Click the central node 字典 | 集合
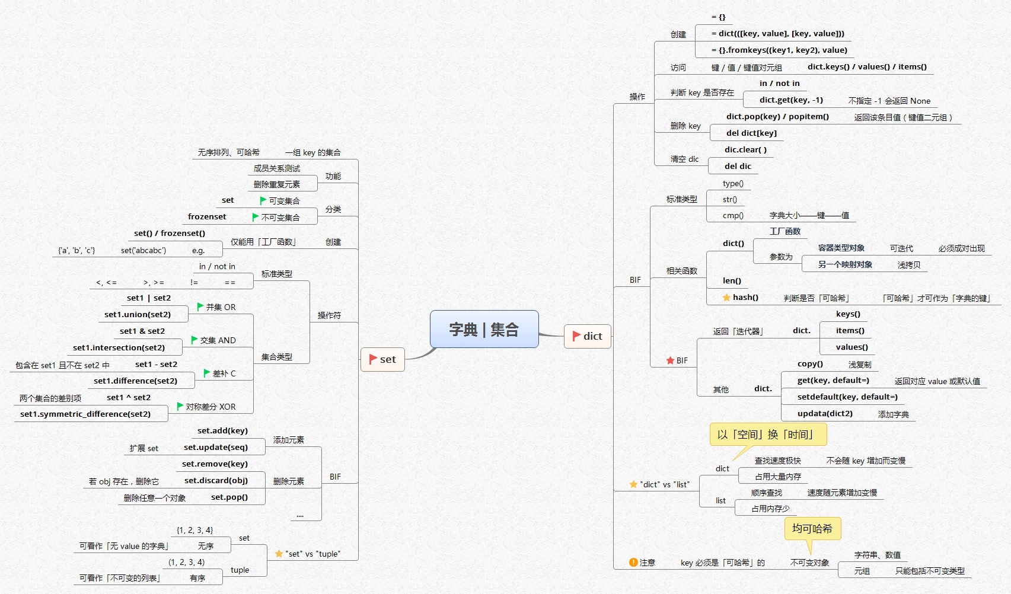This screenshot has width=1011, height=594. [x=484, y=329]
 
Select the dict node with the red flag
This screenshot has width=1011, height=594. [x=587, y=336]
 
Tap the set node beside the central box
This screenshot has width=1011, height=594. [x=382, y=359]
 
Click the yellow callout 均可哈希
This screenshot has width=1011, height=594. [x=812, y=528]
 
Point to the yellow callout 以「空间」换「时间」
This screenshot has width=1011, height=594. [x=767, y=435]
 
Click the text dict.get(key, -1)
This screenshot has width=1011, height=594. [x=791, y=100]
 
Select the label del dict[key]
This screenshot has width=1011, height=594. [x=751, y=133]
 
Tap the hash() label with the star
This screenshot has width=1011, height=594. [x=745, y=298]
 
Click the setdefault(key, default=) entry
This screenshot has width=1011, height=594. [x=847, y=397]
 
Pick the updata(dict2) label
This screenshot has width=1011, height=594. [x=824, y=414]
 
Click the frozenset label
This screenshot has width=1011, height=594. [x=207, y=217]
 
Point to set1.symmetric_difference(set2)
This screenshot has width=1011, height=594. [x=85, y=414]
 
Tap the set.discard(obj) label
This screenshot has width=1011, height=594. [x=216, y=481]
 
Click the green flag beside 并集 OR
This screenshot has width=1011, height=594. [x=200, y=307]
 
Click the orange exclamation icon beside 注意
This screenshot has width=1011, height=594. [x=633, y=563]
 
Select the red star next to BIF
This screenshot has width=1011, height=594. [x=670, y=360]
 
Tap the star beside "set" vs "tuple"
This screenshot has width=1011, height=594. [x=279, y=554]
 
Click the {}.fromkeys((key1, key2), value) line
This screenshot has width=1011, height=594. [x=779, y=50]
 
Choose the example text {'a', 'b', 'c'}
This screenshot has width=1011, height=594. [x=76, y=251]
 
